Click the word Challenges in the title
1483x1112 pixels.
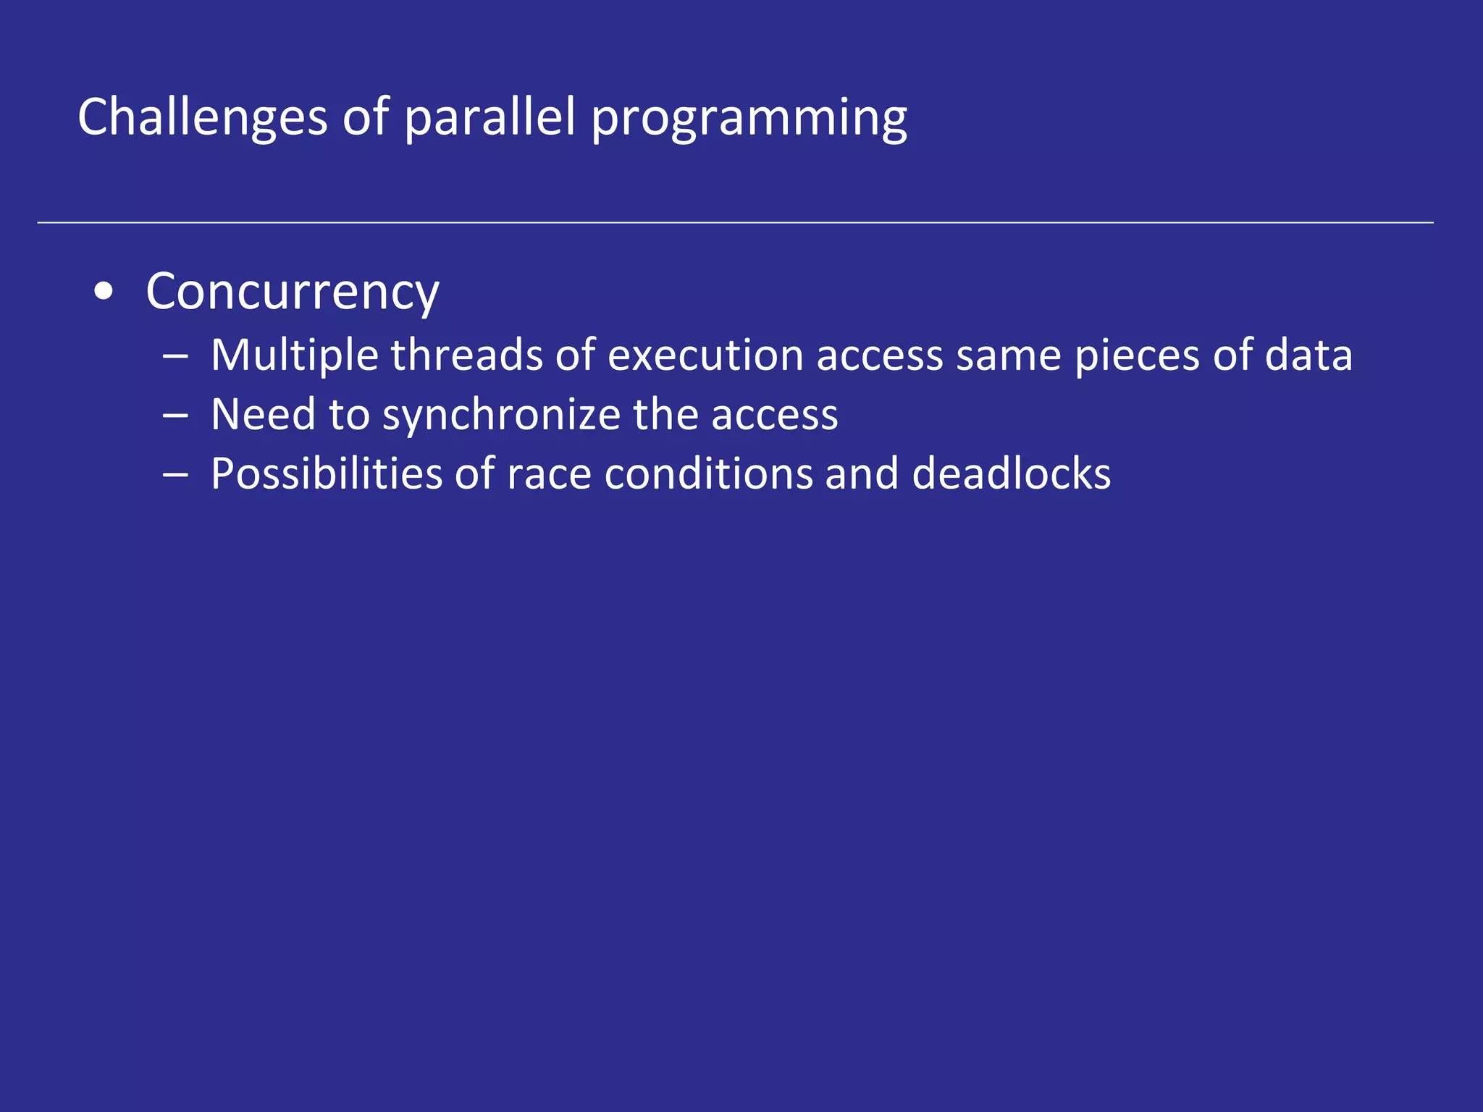203,117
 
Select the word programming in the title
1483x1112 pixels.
749,119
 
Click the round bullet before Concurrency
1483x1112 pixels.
104,292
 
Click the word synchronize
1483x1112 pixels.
501,416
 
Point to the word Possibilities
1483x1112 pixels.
326,474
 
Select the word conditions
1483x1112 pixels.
708,474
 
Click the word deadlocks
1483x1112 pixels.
1011,474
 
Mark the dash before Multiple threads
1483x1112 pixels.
176,356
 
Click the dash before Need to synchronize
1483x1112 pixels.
176,416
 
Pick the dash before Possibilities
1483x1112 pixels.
176,475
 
